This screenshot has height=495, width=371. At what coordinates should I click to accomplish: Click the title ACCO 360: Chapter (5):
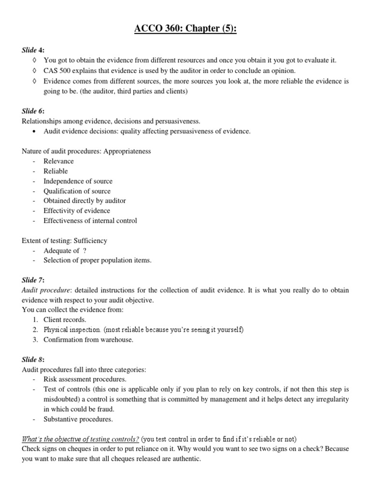coord(185,29)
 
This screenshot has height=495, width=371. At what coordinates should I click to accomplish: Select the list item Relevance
coord(58,161)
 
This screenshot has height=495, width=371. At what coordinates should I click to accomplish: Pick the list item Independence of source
coord(78,181)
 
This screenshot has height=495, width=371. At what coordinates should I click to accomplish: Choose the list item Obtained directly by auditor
coord(85,201)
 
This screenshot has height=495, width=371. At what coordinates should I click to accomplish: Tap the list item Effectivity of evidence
coord(76,211)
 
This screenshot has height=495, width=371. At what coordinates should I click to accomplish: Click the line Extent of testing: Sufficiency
coord(64,240)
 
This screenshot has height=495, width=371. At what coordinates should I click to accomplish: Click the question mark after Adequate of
coord(85,250)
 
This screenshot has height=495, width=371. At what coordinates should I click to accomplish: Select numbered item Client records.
coord(65,320)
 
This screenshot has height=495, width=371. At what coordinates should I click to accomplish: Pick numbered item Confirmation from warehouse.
coord(88,339)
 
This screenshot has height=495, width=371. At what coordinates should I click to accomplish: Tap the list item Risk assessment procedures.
coord(85,379)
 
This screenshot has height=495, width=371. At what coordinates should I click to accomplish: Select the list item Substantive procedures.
coord(77,419)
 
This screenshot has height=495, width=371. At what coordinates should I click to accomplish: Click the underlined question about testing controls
coord(80,439)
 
